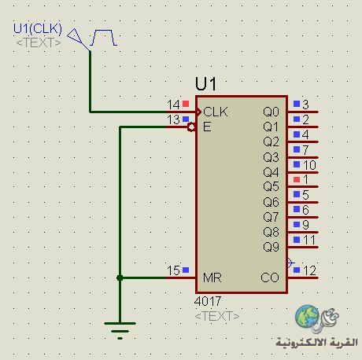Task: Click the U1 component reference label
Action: coord(206,84)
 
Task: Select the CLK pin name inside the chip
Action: coord(216,112)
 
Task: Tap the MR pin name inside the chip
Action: coord(212,277)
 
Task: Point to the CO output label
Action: coord(270,277)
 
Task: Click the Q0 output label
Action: coord(271,112)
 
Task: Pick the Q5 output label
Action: coord(271,186)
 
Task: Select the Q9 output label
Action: coord(271,247)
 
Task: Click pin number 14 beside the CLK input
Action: coord(173,105)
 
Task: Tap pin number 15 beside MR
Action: coord(173,270)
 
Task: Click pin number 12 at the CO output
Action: coord(309,270)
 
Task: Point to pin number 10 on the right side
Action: coord(309,165)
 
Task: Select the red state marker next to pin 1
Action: coord(297,179)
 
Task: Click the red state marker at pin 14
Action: coord(186,104)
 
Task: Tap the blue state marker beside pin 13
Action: coord(186,119)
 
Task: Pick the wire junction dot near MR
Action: coord(120,277)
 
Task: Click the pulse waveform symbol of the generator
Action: coord(103,38)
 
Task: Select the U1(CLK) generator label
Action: coord(38,28)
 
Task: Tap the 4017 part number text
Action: coord(208,301)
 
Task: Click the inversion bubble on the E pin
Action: coord(191,127)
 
